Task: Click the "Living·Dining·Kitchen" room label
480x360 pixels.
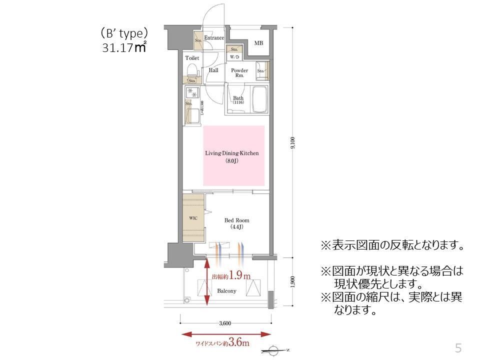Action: coord(232,153)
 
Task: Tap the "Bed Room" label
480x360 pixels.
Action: coord(236,220)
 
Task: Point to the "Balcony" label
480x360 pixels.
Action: coord(226,290)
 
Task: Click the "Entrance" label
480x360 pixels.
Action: coord(213,38)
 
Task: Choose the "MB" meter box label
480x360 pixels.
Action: coord(258,43)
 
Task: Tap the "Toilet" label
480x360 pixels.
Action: coord(192,58)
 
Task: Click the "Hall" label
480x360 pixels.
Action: coord(213,70)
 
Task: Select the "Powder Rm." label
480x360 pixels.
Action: coord(239,73)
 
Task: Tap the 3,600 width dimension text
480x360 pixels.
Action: coord(225,323)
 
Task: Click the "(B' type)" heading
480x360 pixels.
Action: coord(123,33)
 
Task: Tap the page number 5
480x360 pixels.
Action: coord(457,347)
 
